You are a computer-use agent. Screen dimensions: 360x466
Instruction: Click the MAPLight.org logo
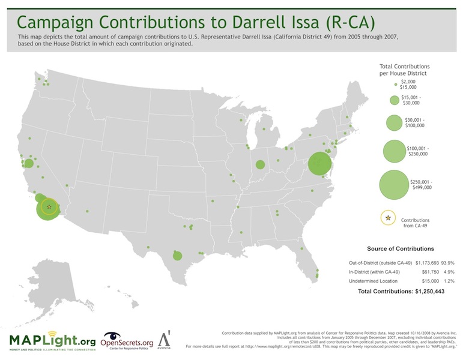click(x=52, y=340)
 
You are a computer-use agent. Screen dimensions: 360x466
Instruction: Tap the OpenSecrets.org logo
click(x=127, y=340)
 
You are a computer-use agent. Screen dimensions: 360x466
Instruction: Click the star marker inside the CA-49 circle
click(x=49, y=207)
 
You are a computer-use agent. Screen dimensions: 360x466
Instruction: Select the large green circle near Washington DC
click(x=320, y=163)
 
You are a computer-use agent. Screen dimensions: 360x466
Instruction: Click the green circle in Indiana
click(x=260, y=165)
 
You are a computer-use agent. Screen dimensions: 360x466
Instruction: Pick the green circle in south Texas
click(x=177, y=256)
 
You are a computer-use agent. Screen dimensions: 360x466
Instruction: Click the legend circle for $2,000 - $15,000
click(x=394, y=85)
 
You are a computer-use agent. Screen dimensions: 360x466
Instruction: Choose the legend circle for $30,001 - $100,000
click(x=394, y=122)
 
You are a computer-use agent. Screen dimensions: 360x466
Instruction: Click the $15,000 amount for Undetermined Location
click(x=410, y=281)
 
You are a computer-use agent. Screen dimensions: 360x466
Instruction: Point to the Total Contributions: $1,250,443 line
click(x=401, y=291)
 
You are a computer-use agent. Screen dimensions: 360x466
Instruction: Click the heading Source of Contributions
click(x=400, y=248)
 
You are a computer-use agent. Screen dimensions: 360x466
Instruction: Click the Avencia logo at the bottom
click(x=163, y=340)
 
